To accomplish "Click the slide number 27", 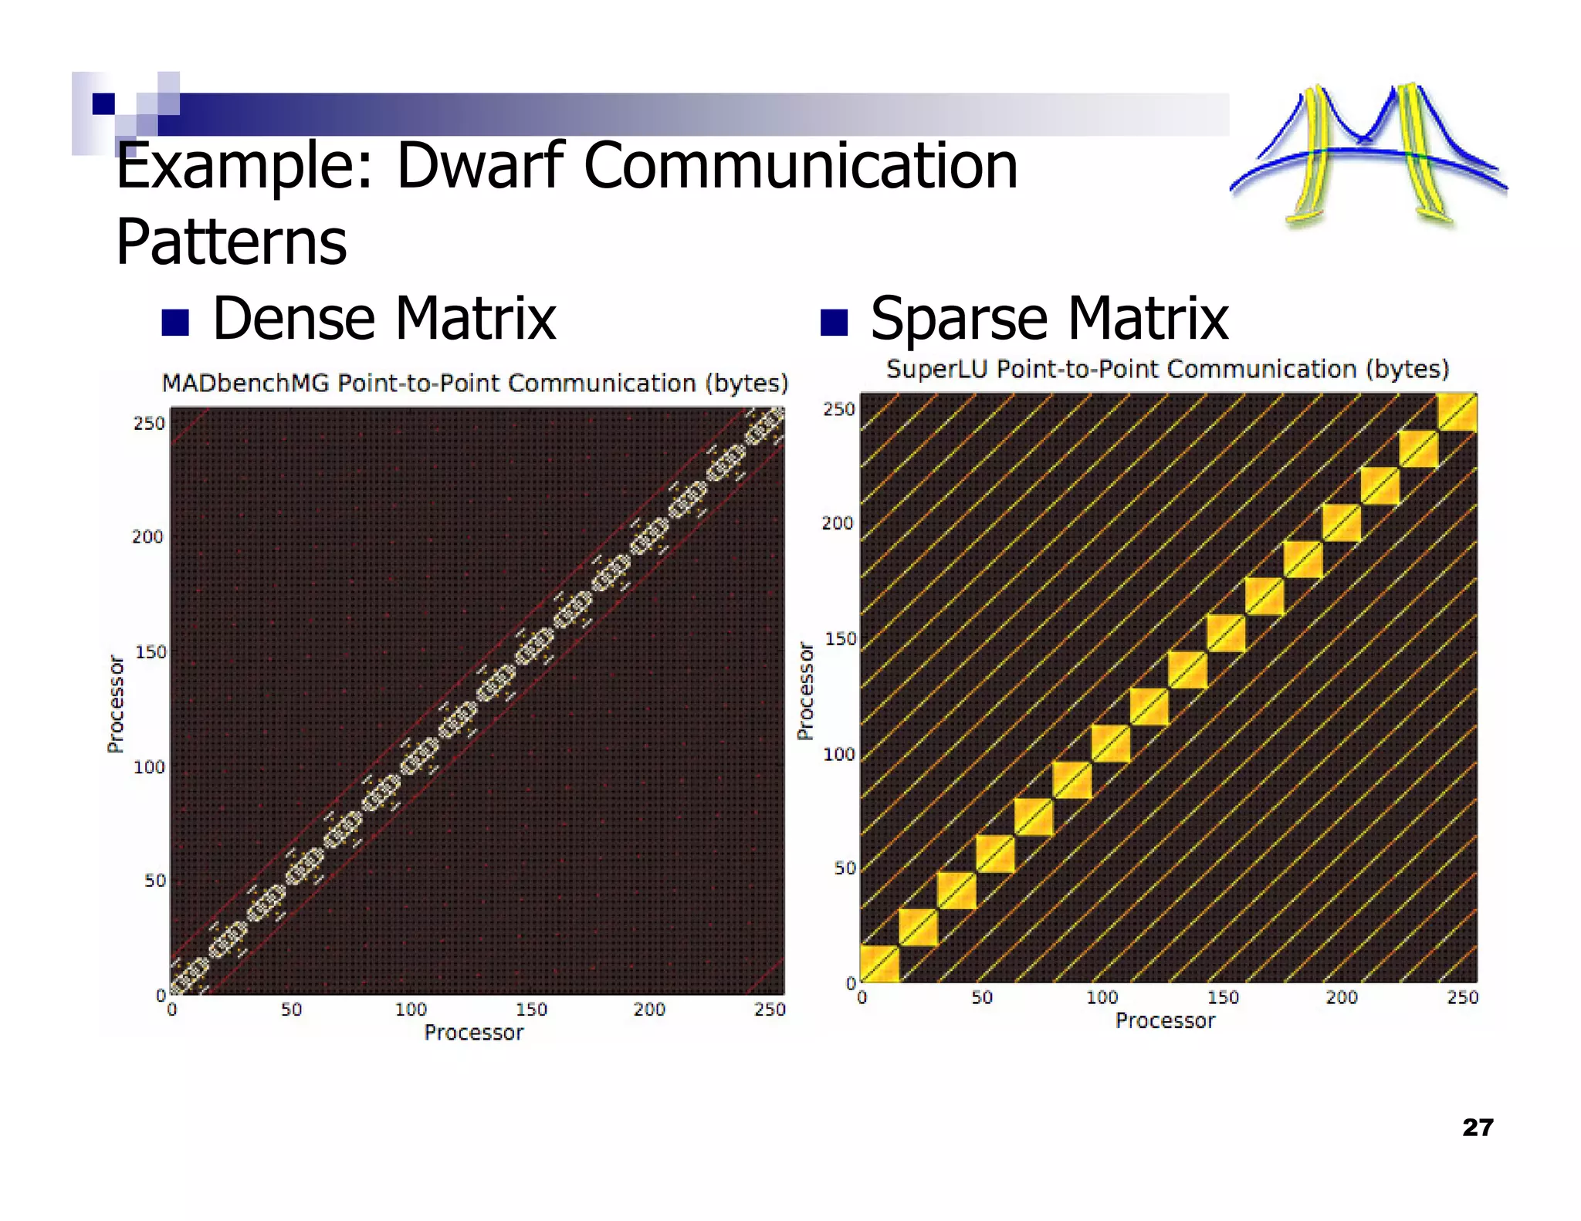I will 1478,1128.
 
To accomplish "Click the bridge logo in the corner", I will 1367,154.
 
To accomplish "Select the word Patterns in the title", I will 232,242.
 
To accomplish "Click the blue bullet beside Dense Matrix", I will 175,323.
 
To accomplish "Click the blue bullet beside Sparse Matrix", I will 834,322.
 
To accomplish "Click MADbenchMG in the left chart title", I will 245,383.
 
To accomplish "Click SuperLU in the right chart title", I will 936,369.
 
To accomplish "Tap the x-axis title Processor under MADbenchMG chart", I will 474,1033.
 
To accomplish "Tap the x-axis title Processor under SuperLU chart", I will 1165,1021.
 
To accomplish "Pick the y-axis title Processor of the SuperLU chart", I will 805,691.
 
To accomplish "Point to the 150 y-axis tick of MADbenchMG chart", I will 151,652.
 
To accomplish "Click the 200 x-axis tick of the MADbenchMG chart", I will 649,1010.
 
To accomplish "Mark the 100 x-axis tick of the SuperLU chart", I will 1102,998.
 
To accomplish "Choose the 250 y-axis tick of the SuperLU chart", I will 839,409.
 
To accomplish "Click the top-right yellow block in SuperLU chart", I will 1457,413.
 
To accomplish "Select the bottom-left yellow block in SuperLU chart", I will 879,964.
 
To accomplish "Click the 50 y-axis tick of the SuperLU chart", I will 845,868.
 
